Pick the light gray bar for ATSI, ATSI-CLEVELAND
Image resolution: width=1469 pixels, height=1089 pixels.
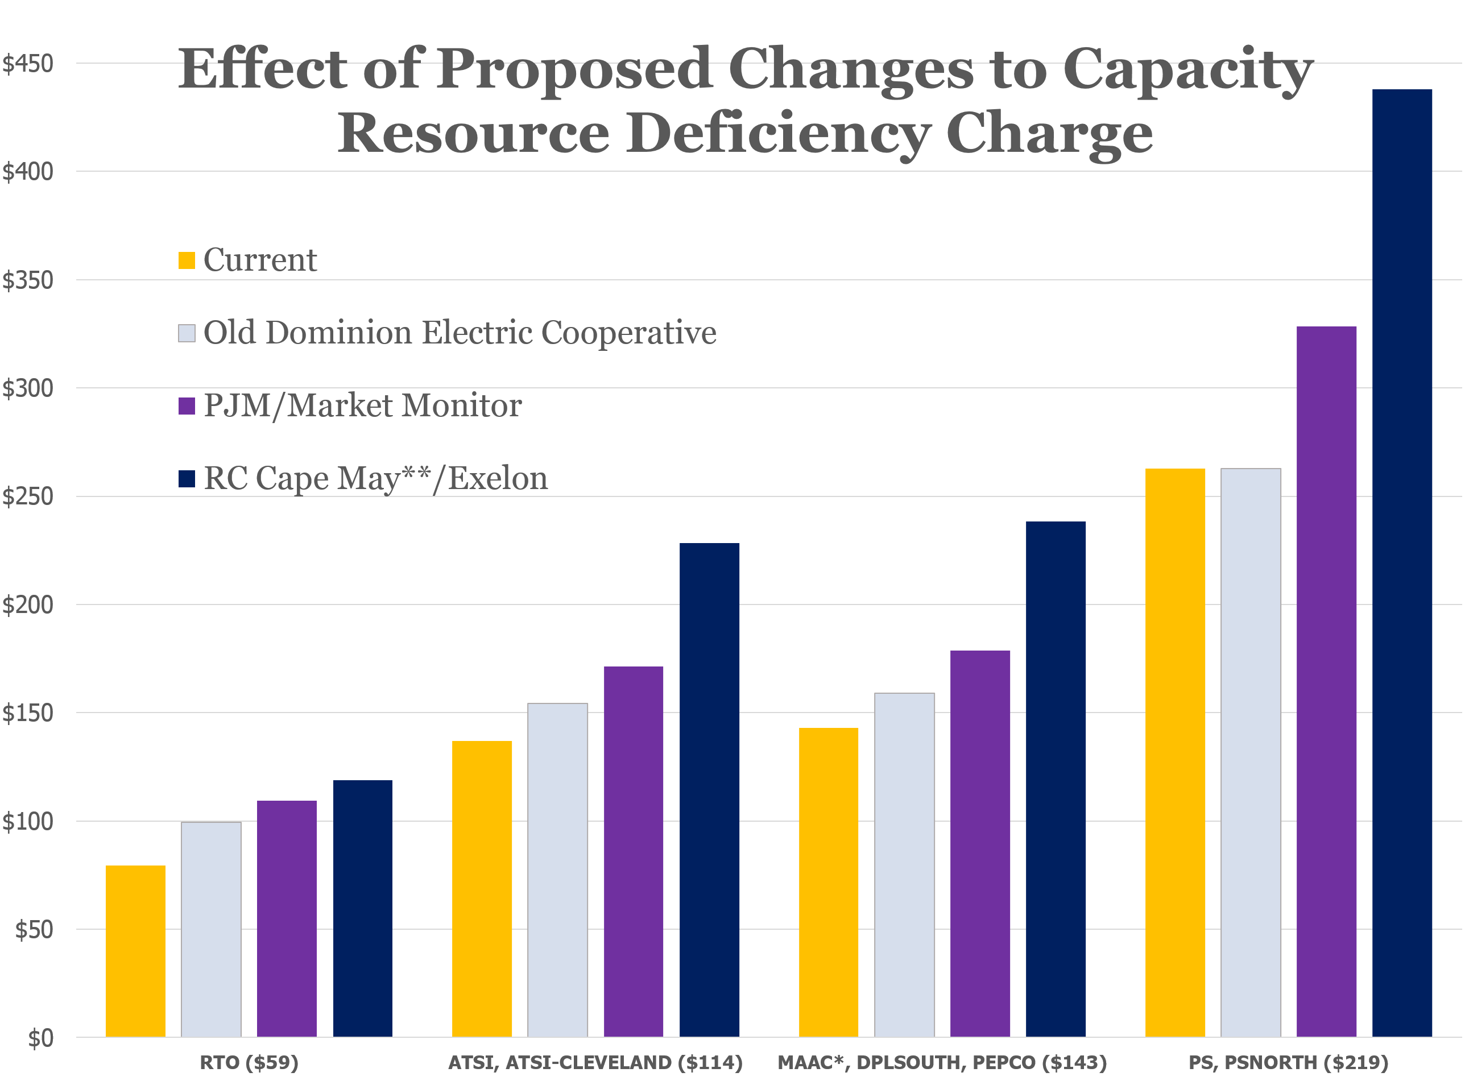point(558,869)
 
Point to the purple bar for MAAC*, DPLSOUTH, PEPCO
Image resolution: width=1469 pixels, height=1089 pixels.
point(980,844)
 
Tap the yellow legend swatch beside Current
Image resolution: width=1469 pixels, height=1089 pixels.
point(187,260)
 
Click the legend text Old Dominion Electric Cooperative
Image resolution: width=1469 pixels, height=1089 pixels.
point(460,332)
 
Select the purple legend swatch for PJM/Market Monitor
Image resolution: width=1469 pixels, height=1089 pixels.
point(187,406)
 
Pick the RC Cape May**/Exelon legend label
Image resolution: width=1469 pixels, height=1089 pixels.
point(375,478)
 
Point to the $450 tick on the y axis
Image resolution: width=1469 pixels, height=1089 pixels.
point(28,64)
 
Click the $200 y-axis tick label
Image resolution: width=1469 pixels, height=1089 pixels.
point(28,605)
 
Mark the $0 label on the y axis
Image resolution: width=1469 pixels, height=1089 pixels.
point(40,1039)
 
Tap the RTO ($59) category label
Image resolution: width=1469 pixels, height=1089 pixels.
point(249,1063)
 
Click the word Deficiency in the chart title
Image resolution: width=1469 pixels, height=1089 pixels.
point(778,134)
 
